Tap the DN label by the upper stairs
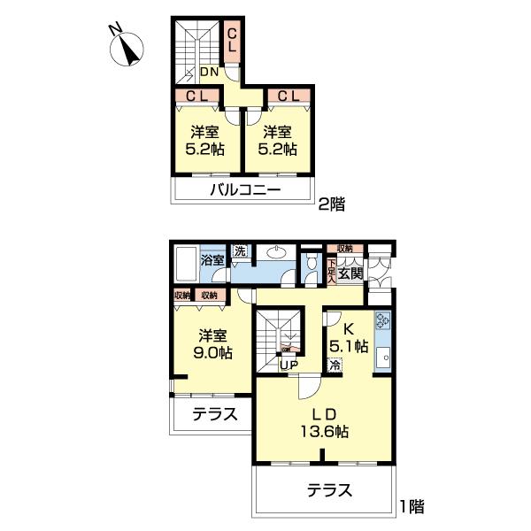[209, 73]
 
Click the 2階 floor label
[331, 204]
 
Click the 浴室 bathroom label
[212, 260]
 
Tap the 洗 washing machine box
[240, 251]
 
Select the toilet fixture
[311, 268]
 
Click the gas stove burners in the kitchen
[382, 321]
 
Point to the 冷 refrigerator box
[335, 365]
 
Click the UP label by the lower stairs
[289, 364]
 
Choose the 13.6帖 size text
[325, 432]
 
